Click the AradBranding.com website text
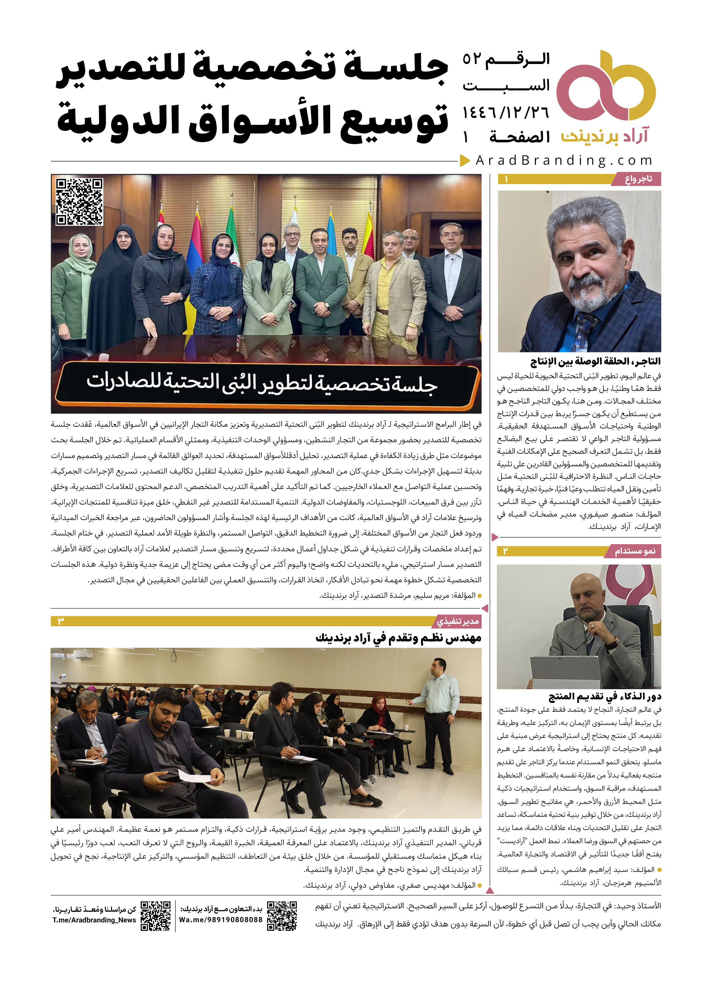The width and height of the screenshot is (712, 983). pos(564,160)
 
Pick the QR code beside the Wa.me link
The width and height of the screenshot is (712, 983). pos(282,916)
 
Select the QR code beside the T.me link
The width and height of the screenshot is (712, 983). pos(156,916)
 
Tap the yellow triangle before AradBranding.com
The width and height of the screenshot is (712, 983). pos(465,160)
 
